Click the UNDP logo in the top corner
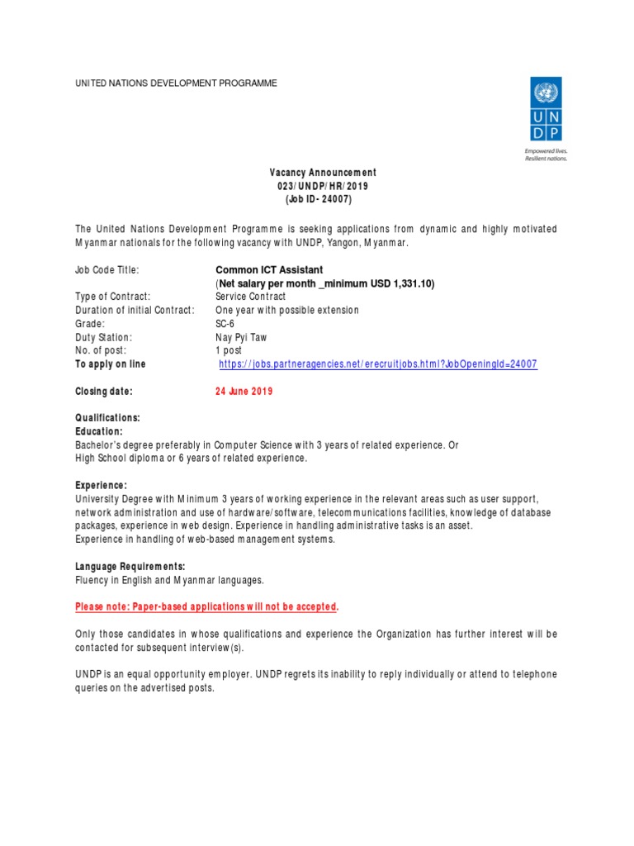pos(546,110)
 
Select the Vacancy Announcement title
pos(323,173)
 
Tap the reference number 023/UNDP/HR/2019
pos(323,187)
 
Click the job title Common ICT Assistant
pos(269,270)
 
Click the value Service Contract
pos(250,297)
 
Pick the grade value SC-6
pos(225,324)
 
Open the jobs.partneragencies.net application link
pos(378,364)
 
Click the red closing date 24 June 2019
pos(244,392)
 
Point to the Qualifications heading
pos(107,418)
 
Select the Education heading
pos(98,431)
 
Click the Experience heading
pos(101,486)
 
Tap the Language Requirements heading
pos(130,567)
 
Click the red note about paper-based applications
pos(206,607)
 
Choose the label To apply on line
pos(110,364)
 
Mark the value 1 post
pos(229,350)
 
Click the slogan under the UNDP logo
pos(546,155)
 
